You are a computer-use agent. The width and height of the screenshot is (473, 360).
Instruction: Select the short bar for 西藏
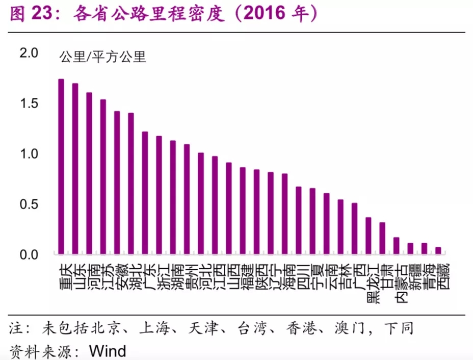point(438,250)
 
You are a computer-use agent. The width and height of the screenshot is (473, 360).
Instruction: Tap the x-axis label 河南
point(89,275)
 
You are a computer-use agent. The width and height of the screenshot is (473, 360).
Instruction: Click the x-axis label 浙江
point(159,275)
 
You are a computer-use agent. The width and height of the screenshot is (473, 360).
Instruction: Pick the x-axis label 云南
point(326,275)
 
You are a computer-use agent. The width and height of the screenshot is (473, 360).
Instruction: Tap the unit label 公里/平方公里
point(103,57)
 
